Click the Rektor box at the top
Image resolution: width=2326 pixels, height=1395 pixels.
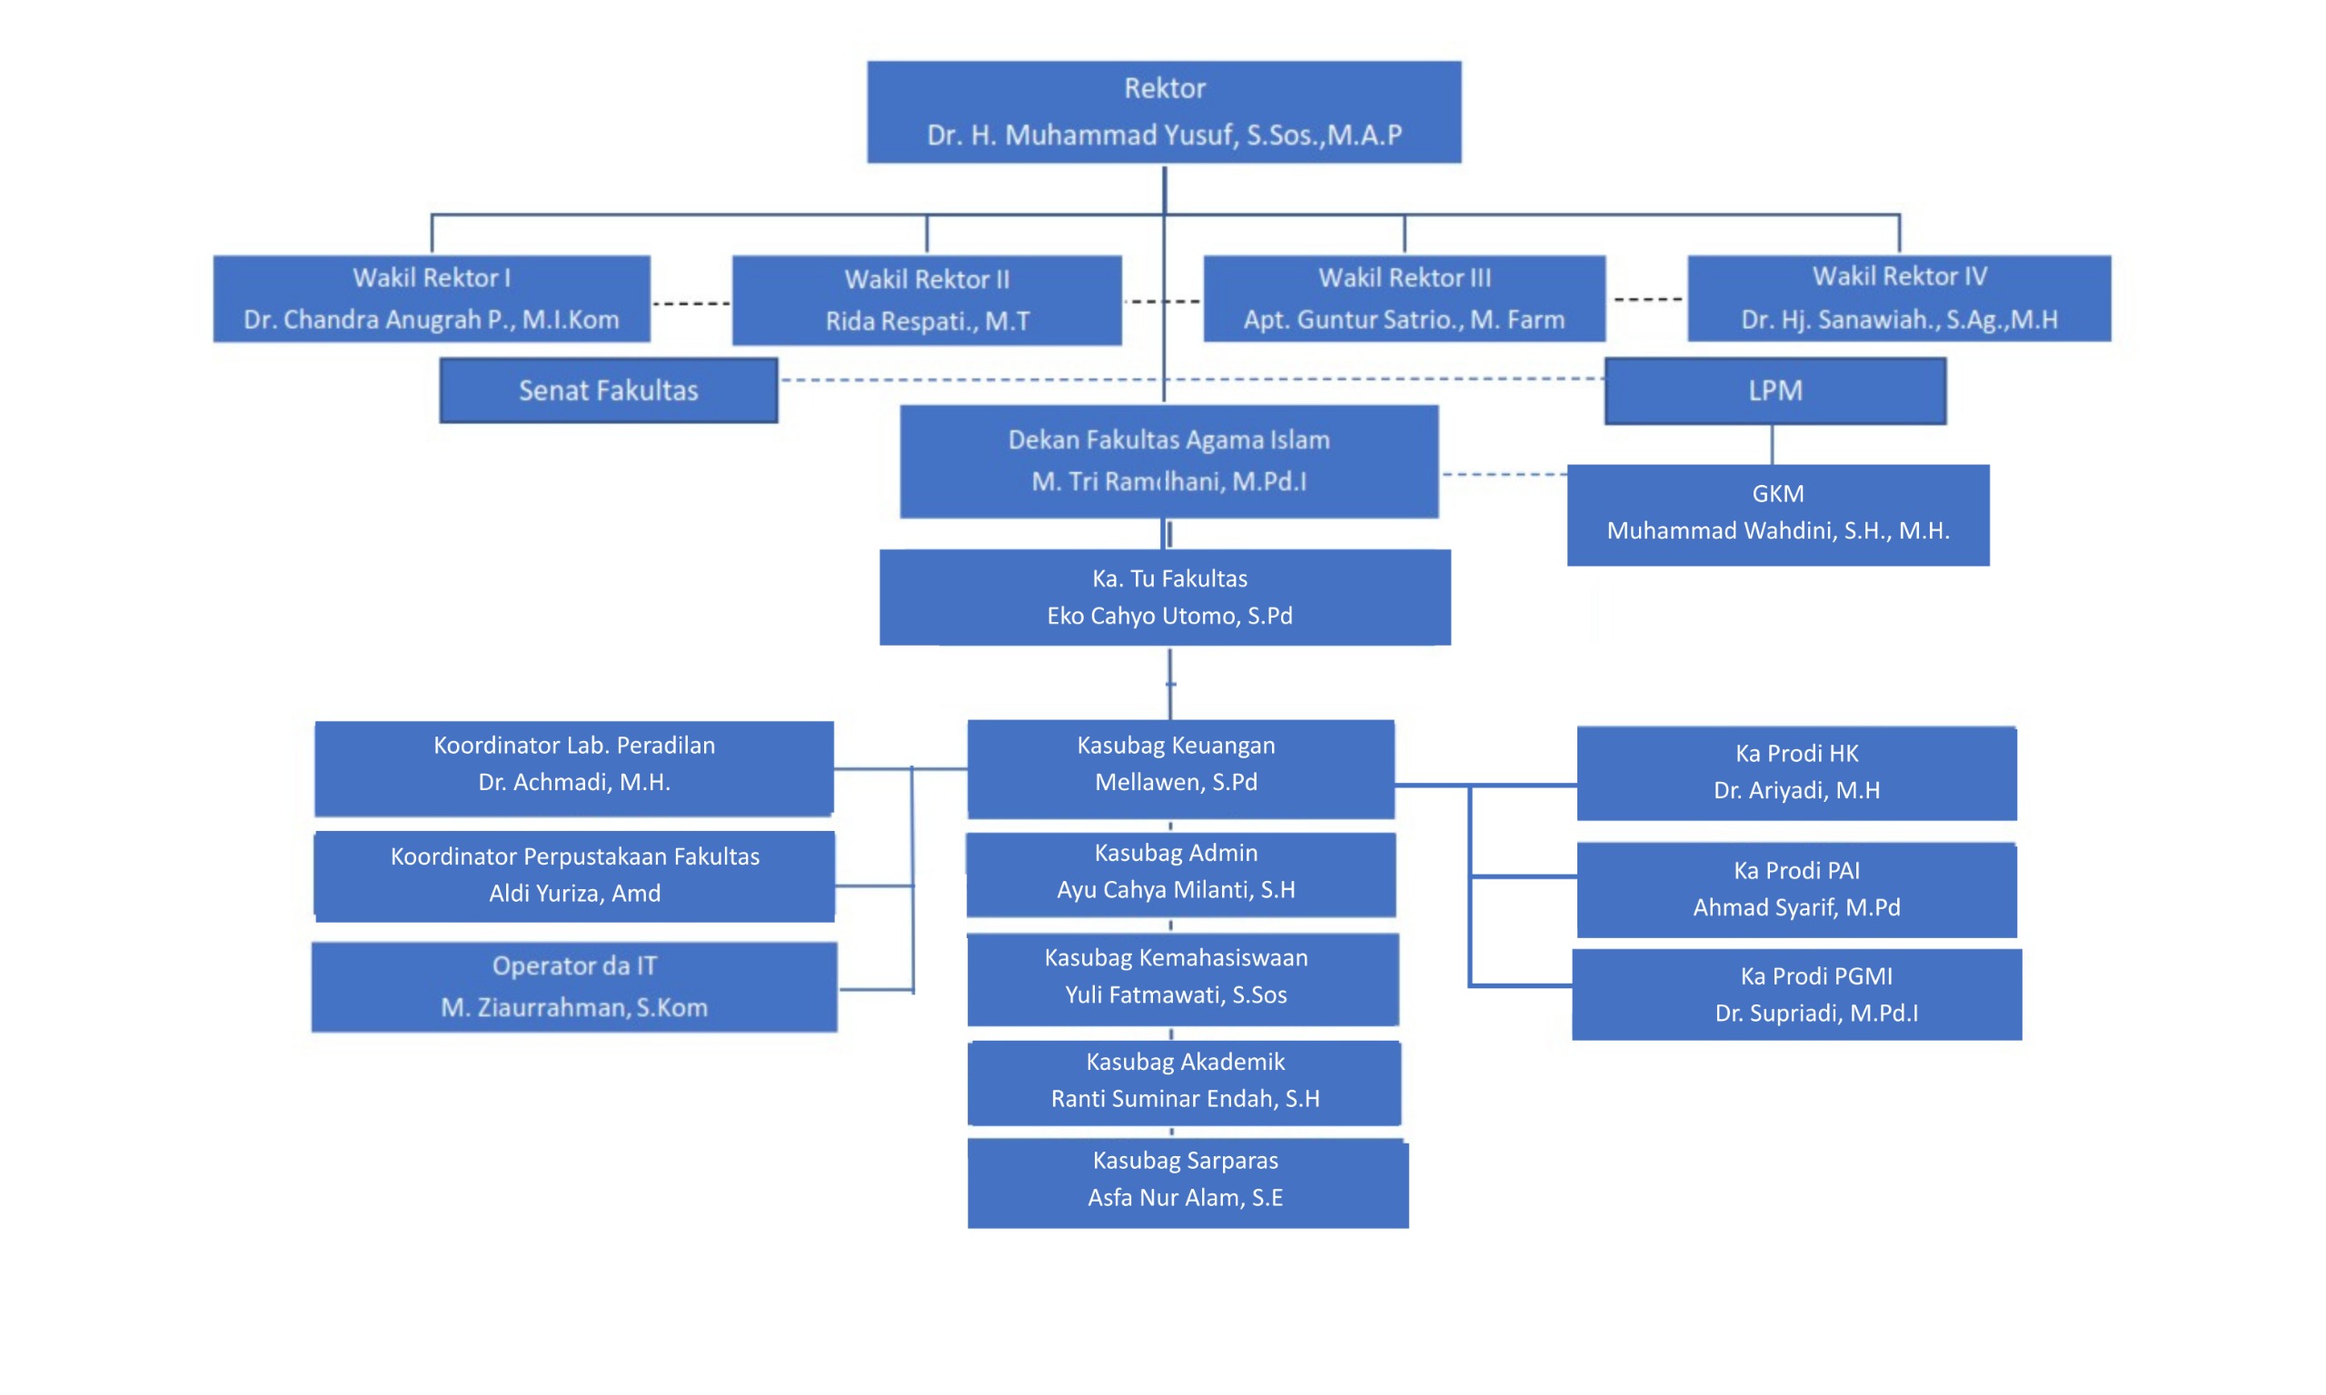coord(1163,112)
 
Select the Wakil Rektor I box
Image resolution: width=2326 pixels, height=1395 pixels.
coord(432,298)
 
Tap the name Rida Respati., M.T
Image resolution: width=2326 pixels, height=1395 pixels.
coord(927,322)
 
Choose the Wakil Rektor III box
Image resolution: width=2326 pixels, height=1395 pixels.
coord(1404,298)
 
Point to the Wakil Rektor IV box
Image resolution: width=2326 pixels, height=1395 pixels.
coord(1898,298)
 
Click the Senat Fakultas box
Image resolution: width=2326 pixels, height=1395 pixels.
coord(608,391)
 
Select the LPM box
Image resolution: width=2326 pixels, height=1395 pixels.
coord(1775,391)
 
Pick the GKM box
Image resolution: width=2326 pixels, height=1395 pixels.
coord(1777,514)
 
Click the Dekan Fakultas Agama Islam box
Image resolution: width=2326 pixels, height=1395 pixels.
coord(1168,460)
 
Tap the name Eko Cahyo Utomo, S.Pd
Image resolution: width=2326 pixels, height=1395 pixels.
coord(1169,616)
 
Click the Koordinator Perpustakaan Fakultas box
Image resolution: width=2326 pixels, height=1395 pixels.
coord(574,876)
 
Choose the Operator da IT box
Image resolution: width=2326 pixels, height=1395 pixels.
coord(573,986)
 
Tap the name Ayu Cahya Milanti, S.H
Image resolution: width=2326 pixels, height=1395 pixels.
coord(1175,889)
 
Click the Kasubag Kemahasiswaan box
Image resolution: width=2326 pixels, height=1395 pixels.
coord(1182,978)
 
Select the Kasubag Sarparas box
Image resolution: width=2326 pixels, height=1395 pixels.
coord(1188,1182)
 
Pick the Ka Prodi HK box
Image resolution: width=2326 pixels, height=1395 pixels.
coord(1795,773)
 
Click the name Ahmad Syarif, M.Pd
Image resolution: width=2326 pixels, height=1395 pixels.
coord(1795,907)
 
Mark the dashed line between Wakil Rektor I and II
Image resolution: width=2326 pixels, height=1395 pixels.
coord(691,303)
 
